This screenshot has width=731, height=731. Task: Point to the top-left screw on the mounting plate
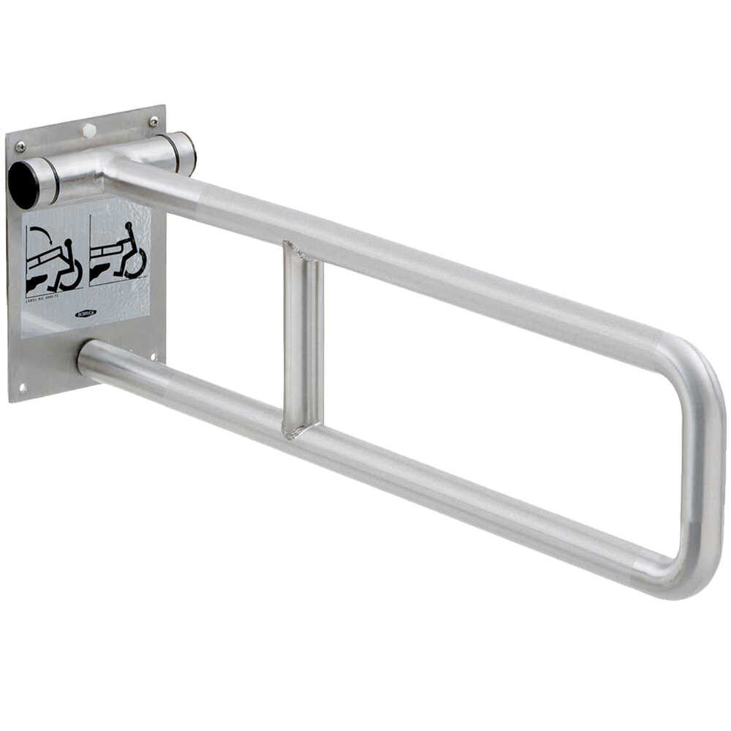coord(20,146)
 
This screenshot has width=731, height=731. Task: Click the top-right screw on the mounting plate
coord(153,121)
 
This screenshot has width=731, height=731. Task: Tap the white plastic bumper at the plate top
coord(89,130)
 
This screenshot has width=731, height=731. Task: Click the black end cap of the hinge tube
coord(23,184)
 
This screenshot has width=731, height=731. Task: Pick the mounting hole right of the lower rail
coord(153,356)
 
